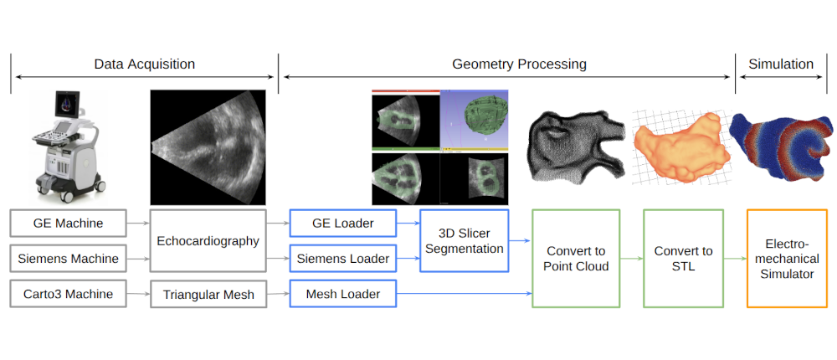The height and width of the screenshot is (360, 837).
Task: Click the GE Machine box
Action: [69, 224]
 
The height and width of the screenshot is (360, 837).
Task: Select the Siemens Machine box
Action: [69, 259]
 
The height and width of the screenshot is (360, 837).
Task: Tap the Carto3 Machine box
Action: [69, 294]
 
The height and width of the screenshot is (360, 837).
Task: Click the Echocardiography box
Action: [208, 240]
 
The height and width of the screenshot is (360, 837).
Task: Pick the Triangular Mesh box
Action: [208, 294]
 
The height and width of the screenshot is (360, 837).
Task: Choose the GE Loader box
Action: [344, 224]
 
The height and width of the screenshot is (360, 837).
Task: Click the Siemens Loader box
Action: [344, 259]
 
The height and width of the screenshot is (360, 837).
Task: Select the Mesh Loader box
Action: [344, 294]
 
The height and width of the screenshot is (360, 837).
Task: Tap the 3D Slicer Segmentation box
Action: [464, 240]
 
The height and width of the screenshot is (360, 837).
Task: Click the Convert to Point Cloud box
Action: [575, 258]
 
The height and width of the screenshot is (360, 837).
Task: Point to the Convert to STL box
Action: [683, 258]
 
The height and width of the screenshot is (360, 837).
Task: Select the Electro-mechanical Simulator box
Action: [786, 258]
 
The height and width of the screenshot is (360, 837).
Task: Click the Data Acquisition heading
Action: [144, 64]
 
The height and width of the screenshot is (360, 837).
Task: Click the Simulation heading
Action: [781, 64]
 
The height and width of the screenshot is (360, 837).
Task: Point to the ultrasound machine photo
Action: [67, 142]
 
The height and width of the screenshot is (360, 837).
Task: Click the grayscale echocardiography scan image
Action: [208, 147]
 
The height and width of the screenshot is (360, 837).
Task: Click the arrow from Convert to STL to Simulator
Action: [735, 258]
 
